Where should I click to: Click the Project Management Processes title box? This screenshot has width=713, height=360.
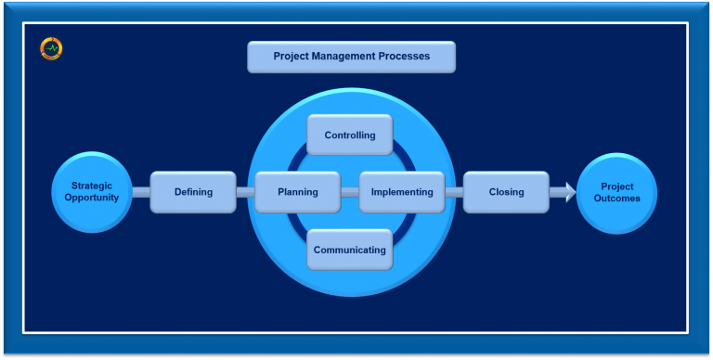click(351, 57)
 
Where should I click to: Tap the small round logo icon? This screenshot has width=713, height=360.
click(51, 48)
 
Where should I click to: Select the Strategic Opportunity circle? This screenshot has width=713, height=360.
click(92, 192)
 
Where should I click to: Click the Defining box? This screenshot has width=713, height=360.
click(193, 192)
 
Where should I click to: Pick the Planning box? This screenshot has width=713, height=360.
click(298, 192)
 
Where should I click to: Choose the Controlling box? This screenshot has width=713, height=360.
click(350, 135)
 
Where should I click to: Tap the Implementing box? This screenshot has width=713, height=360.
click(402, 192)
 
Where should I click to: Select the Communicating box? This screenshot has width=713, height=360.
click(349, 250)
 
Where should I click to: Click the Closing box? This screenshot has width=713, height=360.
click(506, 192)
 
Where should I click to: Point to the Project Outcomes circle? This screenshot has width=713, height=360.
click(616, 193)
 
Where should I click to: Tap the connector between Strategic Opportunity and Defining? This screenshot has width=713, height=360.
click(141, 192)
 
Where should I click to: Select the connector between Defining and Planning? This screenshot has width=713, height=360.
click(245, 192)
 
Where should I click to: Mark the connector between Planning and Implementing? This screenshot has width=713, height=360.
click(350, 192)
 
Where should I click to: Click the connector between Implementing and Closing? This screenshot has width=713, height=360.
click(454, 192)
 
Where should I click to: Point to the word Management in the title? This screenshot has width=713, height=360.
click(349, 57)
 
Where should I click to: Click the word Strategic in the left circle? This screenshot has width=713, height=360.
click(92, 186)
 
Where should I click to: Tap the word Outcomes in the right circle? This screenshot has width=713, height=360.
click(617, 199)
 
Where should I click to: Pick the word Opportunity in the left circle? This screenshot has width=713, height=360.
click(92, 198)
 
